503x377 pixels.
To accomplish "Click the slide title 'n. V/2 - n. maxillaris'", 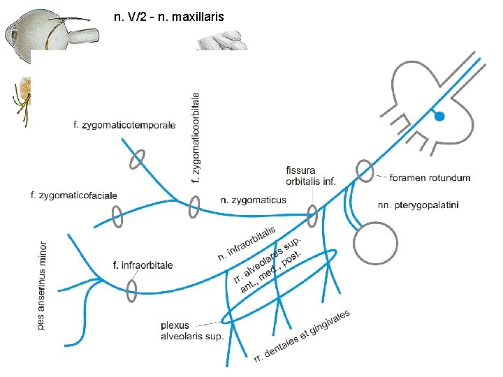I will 168,15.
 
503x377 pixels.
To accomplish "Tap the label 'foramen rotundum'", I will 430,177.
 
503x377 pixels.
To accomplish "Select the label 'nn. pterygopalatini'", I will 418,205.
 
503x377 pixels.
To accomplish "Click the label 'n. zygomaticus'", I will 253,200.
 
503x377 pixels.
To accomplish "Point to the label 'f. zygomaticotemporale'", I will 124,125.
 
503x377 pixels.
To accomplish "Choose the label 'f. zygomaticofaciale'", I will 74,195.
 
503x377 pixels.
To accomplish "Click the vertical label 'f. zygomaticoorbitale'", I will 196,138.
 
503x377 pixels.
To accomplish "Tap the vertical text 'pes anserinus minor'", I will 43,286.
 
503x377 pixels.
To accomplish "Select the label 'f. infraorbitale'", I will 143,265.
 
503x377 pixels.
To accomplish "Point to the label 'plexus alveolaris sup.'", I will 192,331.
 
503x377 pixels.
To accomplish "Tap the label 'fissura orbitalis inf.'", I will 311,176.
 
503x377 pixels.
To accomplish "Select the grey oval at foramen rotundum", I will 364,170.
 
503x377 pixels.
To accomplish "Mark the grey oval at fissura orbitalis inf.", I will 312,216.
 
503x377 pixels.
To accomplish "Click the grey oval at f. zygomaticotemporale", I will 136,158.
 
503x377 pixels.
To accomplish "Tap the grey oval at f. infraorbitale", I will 131,289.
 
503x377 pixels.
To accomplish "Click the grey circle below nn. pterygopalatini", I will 376,243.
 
